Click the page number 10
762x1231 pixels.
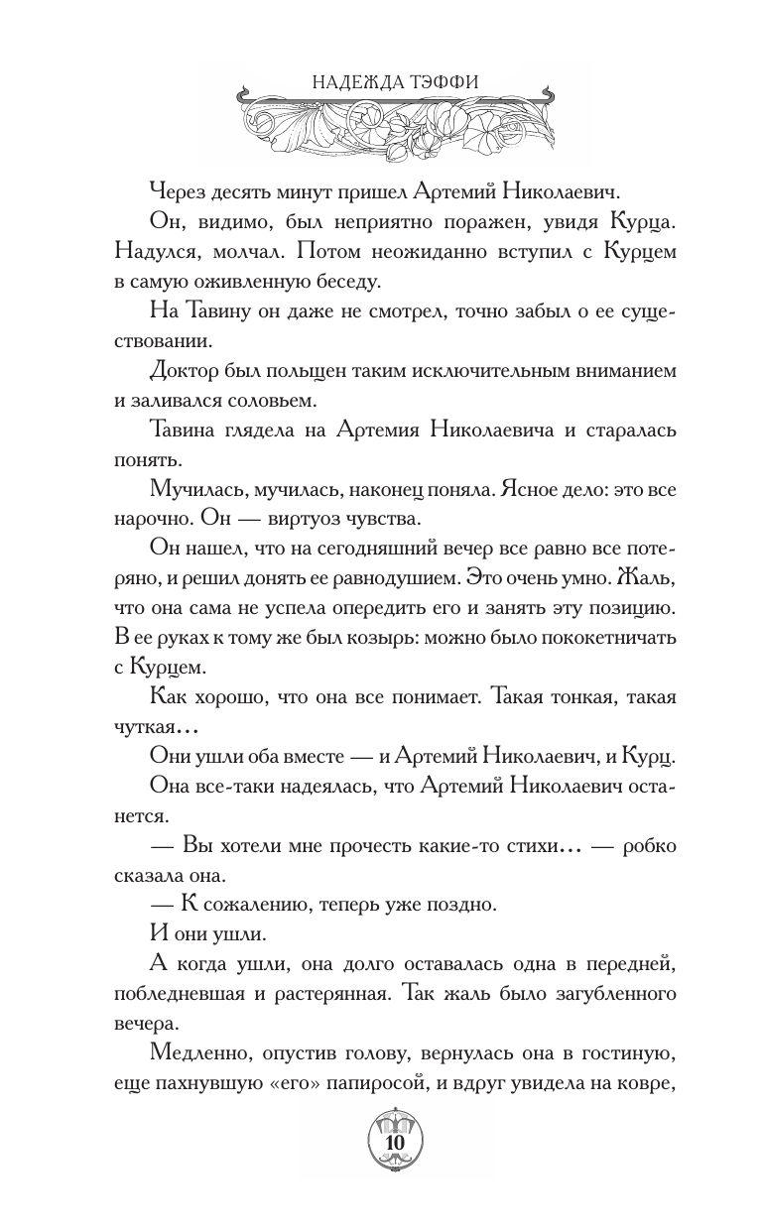tap(393, 1143)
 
